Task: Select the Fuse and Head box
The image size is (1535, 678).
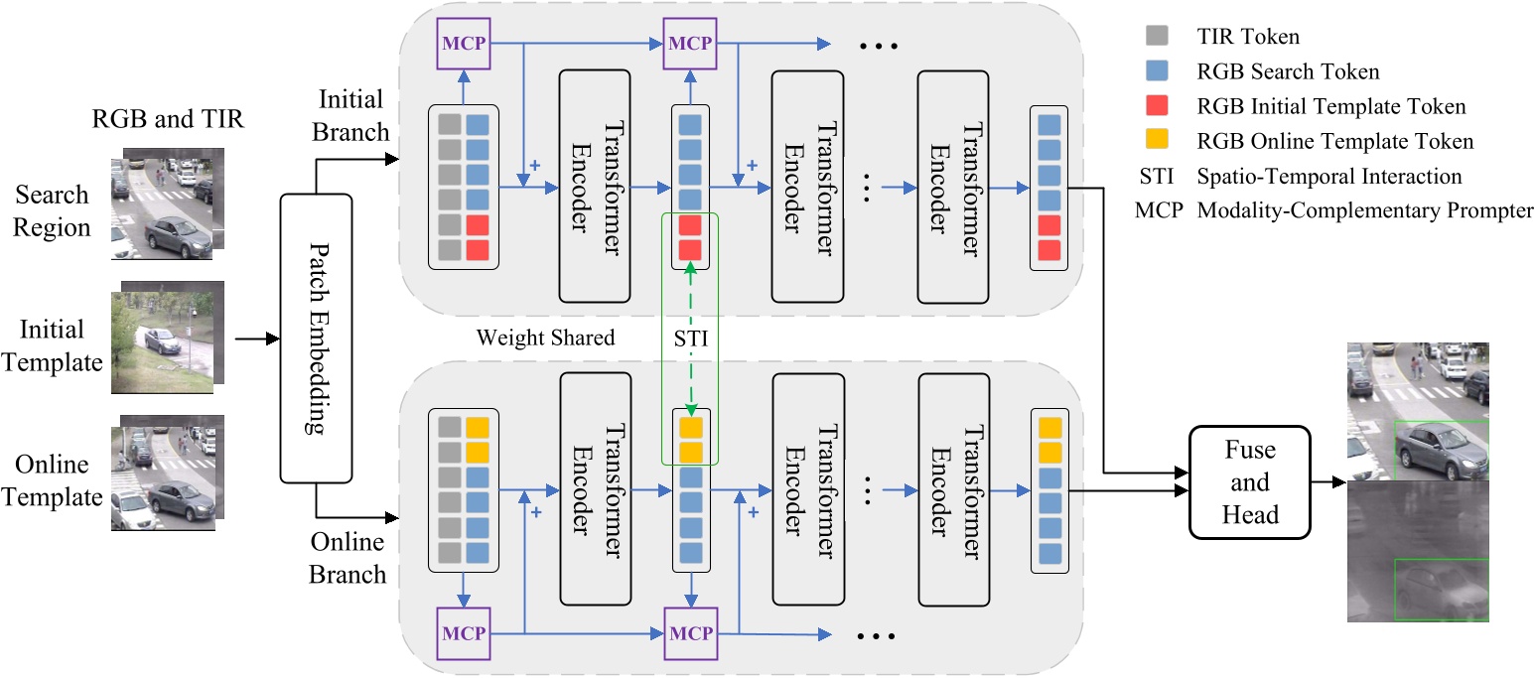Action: coord(1250,482)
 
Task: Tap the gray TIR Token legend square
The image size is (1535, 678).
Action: coord(1157,38)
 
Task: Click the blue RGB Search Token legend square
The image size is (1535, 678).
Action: coord(1157,71)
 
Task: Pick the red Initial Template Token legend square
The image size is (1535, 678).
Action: coord(1157,106)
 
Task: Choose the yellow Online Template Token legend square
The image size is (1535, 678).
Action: coord(1157,141)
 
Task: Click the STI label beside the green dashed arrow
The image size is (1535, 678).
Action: coord(690,339)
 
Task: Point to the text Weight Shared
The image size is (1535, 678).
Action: coord(545,338)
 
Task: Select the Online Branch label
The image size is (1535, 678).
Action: coord(348,558)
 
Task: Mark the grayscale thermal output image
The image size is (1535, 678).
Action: coord(1418,552)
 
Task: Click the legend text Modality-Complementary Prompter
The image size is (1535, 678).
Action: coord(1366,210)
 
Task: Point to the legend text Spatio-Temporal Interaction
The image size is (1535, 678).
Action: coord(1329,177)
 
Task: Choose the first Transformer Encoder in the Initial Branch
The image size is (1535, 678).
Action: coord(594,187)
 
